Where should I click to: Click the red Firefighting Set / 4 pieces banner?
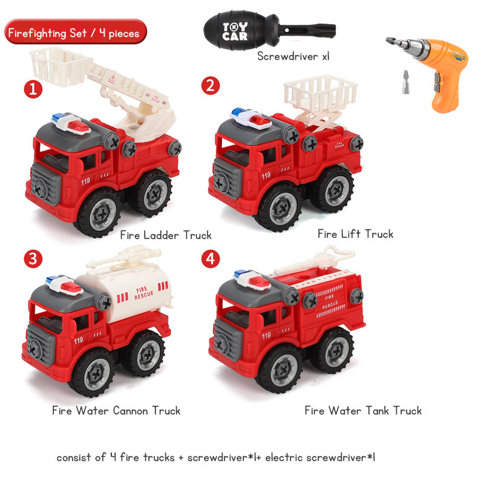click(x=76, y=31)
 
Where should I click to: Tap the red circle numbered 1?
click(x=33, y=89)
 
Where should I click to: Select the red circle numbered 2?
click(x=211, y=85)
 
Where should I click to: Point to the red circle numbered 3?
click(x=33, y=259)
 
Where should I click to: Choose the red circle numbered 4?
click(x=211, y=259)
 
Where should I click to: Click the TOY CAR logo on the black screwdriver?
click(x=235, y=31)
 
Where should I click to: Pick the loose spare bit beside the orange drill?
click(x=406, y=82)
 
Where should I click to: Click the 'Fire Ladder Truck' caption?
click(x=166, y=235)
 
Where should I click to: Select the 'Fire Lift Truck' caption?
click(x=356, y=234)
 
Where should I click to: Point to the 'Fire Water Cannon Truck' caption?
click(x=116, y=411)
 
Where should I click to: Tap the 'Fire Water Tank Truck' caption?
click(x=363, y=411)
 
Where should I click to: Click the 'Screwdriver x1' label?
click(x=293, y=56)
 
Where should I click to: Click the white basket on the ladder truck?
click(x=59, y=66)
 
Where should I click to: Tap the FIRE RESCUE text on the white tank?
click(x=143, y=293)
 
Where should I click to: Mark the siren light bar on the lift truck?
click(x=250, y=118)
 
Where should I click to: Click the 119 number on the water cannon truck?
click(x=79, y=340)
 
